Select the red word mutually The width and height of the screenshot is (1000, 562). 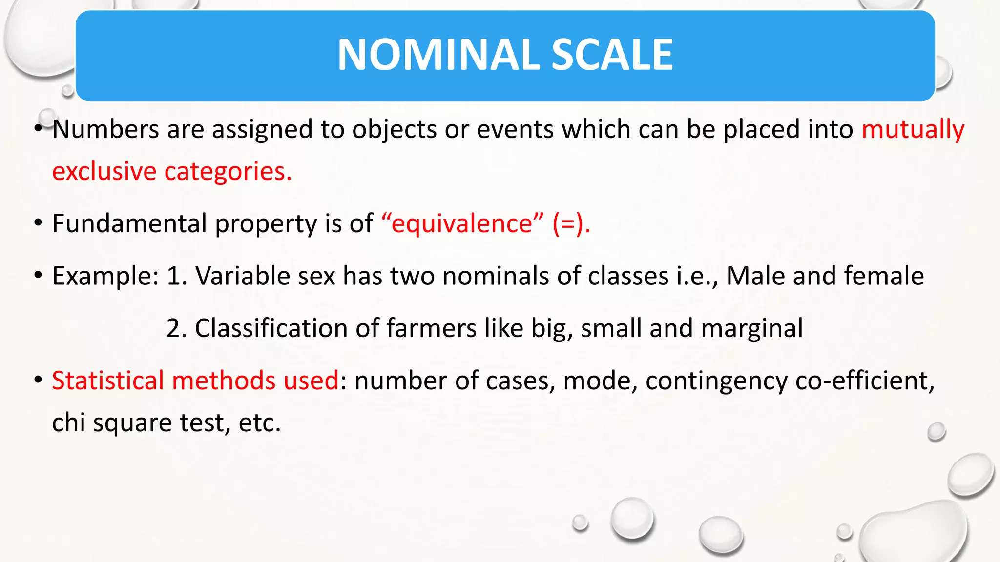913,130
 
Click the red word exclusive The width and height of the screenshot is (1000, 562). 104,172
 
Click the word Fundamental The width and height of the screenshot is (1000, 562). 129,223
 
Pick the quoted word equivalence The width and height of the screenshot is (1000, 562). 462,224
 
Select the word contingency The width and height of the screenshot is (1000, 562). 716,381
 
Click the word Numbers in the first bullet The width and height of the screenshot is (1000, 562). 105,130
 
